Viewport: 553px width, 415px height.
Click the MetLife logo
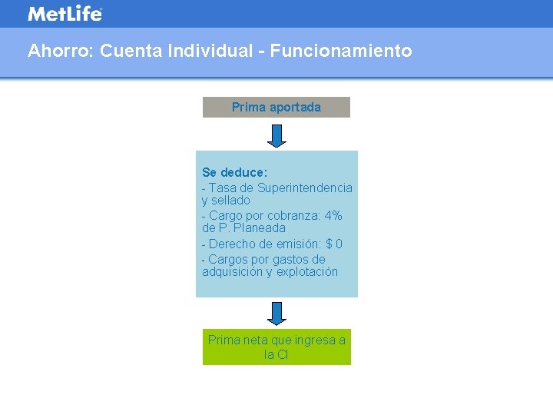pyautogui.click(x=65, y=14)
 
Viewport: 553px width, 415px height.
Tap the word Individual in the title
pyautogui.click(x=209, y=51)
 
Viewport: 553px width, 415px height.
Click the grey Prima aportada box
pyautogui.click(x=276, y=107)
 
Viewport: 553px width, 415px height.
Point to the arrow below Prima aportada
pyautogui.click(x=276, y=134)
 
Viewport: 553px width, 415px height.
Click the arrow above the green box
pyautogui.click(x=276, y=313)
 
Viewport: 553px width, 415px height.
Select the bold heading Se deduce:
pyautogui.click(x=234, y=172)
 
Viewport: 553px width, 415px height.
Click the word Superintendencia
pyautogui.click(x=305, y=188)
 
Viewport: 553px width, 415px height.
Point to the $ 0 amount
pyautogui.click(x=334, y=244)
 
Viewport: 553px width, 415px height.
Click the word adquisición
pyautogui.click(x=232, y=272)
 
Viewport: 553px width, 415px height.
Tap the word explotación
pyautogui.click(x=307, y=272)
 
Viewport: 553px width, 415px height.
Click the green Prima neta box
pyautogui.click(x=276, y=347)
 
